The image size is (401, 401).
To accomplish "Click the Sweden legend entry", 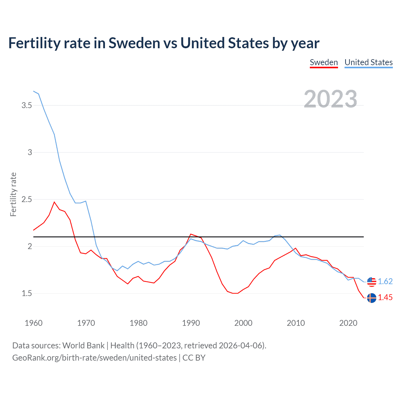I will (x=324, y=62).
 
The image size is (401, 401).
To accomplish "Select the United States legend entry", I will (x=368, y=62).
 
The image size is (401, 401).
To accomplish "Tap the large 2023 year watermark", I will (x=331, y=99).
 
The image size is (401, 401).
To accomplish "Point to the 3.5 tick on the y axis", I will (x=27, y=106).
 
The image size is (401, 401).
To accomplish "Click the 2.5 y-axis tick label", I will (x=27, y=200).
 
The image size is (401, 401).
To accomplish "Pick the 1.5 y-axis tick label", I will (x=27, y=294).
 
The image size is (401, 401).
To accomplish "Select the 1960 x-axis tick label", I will (x=34, y=323).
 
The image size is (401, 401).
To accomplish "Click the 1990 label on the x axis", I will (x=191, y=323).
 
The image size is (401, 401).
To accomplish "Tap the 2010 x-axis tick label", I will (x=296, y=323).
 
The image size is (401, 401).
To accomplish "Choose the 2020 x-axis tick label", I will (x=348, y=323).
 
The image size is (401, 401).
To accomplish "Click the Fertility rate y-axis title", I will (x=13, y=194).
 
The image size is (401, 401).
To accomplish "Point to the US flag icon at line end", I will (x=372, y=282).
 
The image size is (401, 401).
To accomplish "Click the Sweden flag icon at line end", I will (x=372, y=298).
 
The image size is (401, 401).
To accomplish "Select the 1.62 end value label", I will (x=385, y=282).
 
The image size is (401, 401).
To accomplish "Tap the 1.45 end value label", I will (x=385, y=298).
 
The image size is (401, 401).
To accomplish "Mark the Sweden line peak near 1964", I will (x=54, y=202).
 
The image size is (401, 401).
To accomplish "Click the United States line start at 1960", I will (x=34, y=91).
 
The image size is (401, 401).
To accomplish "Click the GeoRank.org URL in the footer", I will (x=94, y=358).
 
